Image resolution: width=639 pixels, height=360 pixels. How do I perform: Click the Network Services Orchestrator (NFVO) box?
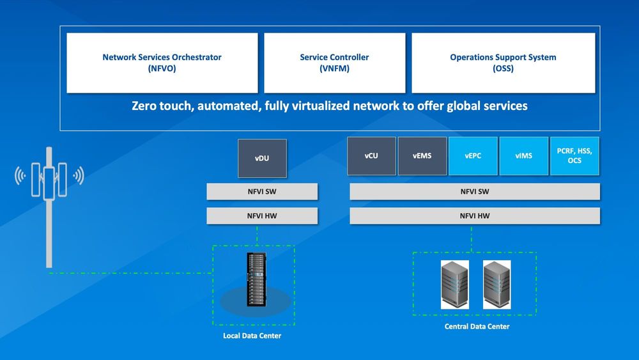(x=162, y=63)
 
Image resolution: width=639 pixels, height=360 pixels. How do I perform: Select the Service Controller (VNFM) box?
(x=334, y=63)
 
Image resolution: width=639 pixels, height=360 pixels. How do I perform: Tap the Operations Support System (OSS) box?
(x=503, y=63)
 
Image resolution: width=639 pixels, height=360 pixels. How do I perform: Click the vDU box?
(x=262, y=158)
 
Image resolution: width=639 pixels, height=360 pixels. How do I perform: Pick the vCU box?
(x=371, y=155)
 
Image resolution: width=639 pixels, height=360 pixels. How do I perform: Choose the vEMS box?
(x=422, y=155)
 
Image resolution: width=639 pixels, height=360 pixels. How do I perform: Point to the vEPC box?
(x=472, y=155)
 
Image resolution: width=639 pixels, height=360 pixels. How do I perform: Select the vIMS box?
(x=523, y=155)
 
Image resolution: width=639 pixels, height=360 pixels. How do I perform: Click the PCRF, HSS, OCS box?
(x=574, y=155)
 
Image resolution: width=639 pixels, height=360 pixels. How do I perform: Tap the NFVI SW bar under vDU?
(x=262, y=191)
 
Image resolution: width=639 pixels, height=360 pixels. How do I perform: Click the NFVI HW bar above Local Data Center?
(x=262, y=216)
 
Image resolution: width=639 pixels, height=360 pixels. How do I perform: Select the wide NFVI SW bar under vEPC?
(x=475, y=191)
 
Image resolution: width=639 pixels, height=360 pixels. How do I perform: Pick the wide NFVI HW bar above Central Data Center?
(x=475, y=216)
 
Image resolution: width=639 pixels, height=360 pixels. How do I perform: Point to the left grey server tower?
(x=454, y=285)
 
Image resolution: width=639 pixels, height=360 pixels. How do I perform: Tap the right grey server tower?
(x=497, y=285)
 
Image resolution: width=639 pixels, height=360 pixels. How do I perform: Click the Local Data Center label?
(x=252, y=336)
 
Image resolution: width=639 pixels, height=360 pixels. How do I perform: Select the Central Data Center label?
(x=477, y=327)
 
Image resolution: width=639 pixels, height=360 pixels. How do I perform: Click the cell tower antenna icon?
(x=49, y=192)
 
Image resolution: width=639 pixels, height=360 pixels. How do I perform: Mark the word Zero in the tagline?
(x=146, y=106)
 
